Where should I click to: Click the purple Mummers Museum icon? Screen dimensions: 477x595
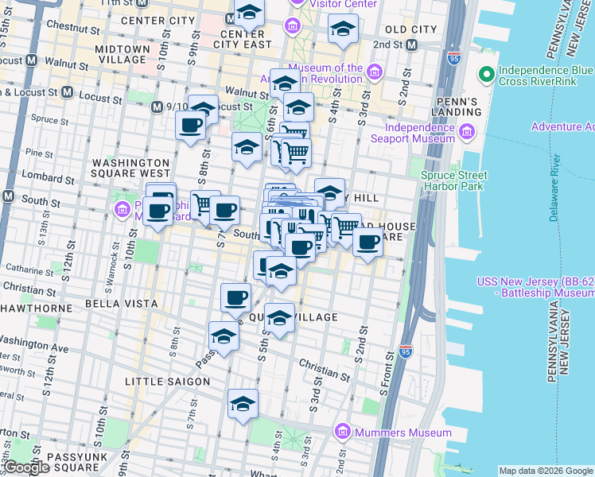tap(344, 432)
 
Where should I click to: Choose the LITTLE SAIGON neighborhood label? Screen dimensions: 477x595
tap(167, 382)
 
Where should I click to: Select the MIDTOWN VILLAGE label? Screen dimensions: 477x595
tap(122, 54)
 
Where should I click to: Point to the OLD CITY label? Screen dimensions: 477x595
tap(410, 29)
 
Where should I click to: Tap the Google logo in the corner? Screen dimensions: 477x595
tap(26, 467)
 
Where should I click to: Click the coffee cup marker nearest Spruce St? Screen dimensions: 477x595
tap(190, 126)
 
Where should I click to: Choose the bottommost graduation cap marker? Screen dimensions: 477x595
tap(243, 405)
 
